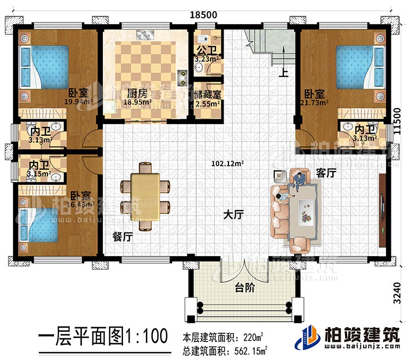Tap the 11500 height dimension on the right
click(x=402, y=127)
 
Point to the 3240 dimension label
click(x=402, y=293)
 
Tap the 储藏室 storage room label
click(x=208, y=94)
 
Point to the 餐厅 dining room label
click(x=122, y=237)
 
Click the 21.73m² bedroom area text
click(x=316, y=102)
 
